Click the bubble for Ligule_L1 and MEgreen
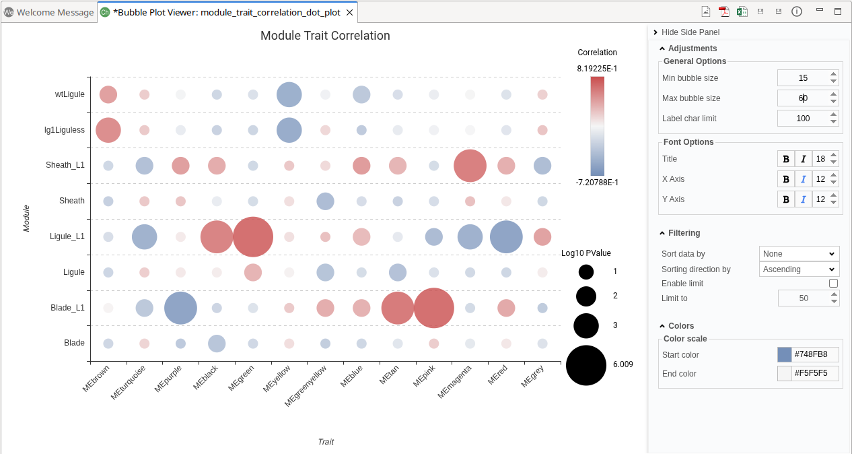[x=253, y=236]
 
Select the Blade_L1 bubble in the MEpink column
[x=434, y=308]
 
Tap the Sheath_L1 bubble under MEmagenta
[x=470, y=165]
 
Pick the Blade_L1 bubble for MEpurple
[x=180, y=308]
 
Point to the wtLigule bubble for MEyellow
[x=289, y=94]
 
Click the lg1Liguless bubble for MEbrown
[x=108, y=130]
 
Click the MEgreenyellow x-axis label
[x=306, y=385]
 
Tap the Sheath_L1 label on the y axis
[x=65, y=165]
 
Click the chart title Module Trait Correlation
[x=325, y=36]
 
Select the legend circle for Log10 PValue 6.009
[x=586, y=365]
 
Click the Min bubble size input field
[x=802, y=78]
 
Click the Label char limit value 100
[x=802, y=119]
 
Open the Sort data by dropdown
[x=799, y=254]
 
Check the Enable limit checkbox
[x=833, y=284]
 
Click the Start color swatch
[x=785, y=355]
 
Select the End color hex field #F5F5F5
[x=815, y=374]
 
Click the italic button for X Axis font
[x=803, y=179]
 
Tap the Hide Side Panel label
[x=690, y=32]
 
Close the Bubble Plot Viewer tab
[x=349, y=12]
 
